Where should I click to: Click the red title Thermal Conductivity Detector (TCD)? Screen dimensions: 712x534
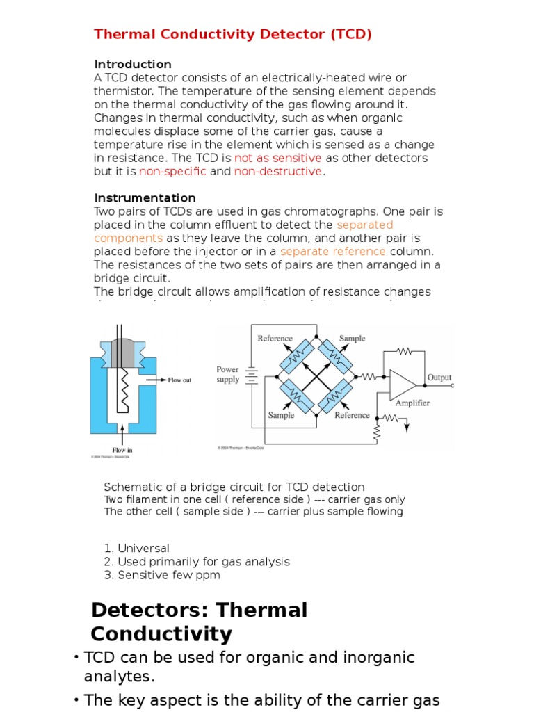tap(233, 35)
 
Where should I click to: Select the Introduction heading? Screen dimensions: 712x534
tap(133, 64)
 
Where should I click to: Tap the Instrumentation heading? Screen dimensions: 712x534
tap(145, 198)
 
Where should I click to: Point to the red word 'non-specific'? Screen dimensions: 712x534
tap(172, 172)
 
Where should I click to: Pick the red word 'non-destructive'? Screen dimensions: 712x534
tap(278, 172)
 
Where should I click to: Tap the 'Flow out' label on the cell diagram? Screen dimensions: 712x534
tap(179, 380)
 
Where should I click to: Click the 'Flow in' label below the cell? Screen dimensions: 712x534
tap(122, 450)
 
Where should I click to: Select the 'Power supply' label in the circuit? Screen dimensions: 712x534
tap(228, 375)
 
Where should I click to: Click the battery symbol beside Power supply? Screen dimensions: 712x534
tap(252, 375)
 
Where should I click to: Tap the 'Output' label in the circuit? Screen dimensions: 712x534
tap(439, 378)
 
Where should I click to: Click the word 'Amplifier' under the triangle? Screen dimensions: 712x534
tap(412, 403)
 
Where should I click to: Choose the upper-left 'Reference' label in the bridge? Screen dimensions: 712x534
tap(275, 339)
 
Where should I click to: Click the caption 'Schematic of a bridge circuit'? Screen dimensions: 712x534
tap(234, 487)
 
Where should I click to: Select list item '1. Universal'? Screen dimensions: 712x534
tap(136, 549)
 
